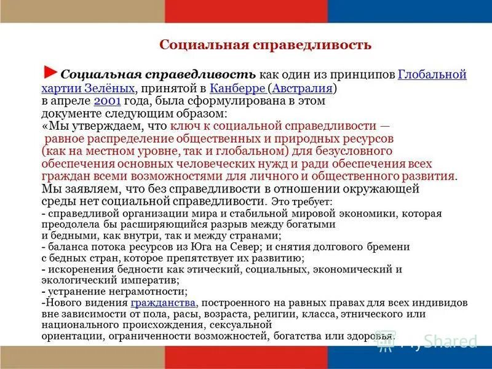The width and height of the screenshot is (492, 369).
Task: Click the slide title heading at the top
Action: tap(265, 45)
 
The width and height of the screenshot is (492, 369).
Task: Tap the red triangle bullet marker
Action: tap(52, 71)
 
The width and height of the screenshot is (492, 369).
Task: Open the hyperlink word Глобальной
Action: tap(432, 74)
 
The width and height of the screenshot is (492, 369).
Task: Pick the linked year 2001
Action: tap(108, 101)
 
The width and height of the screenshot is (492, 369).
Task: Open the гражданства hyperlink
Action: tap(163, 303)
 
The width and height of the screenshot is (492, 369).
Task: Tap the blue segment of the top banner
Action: tap(410, 11)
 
